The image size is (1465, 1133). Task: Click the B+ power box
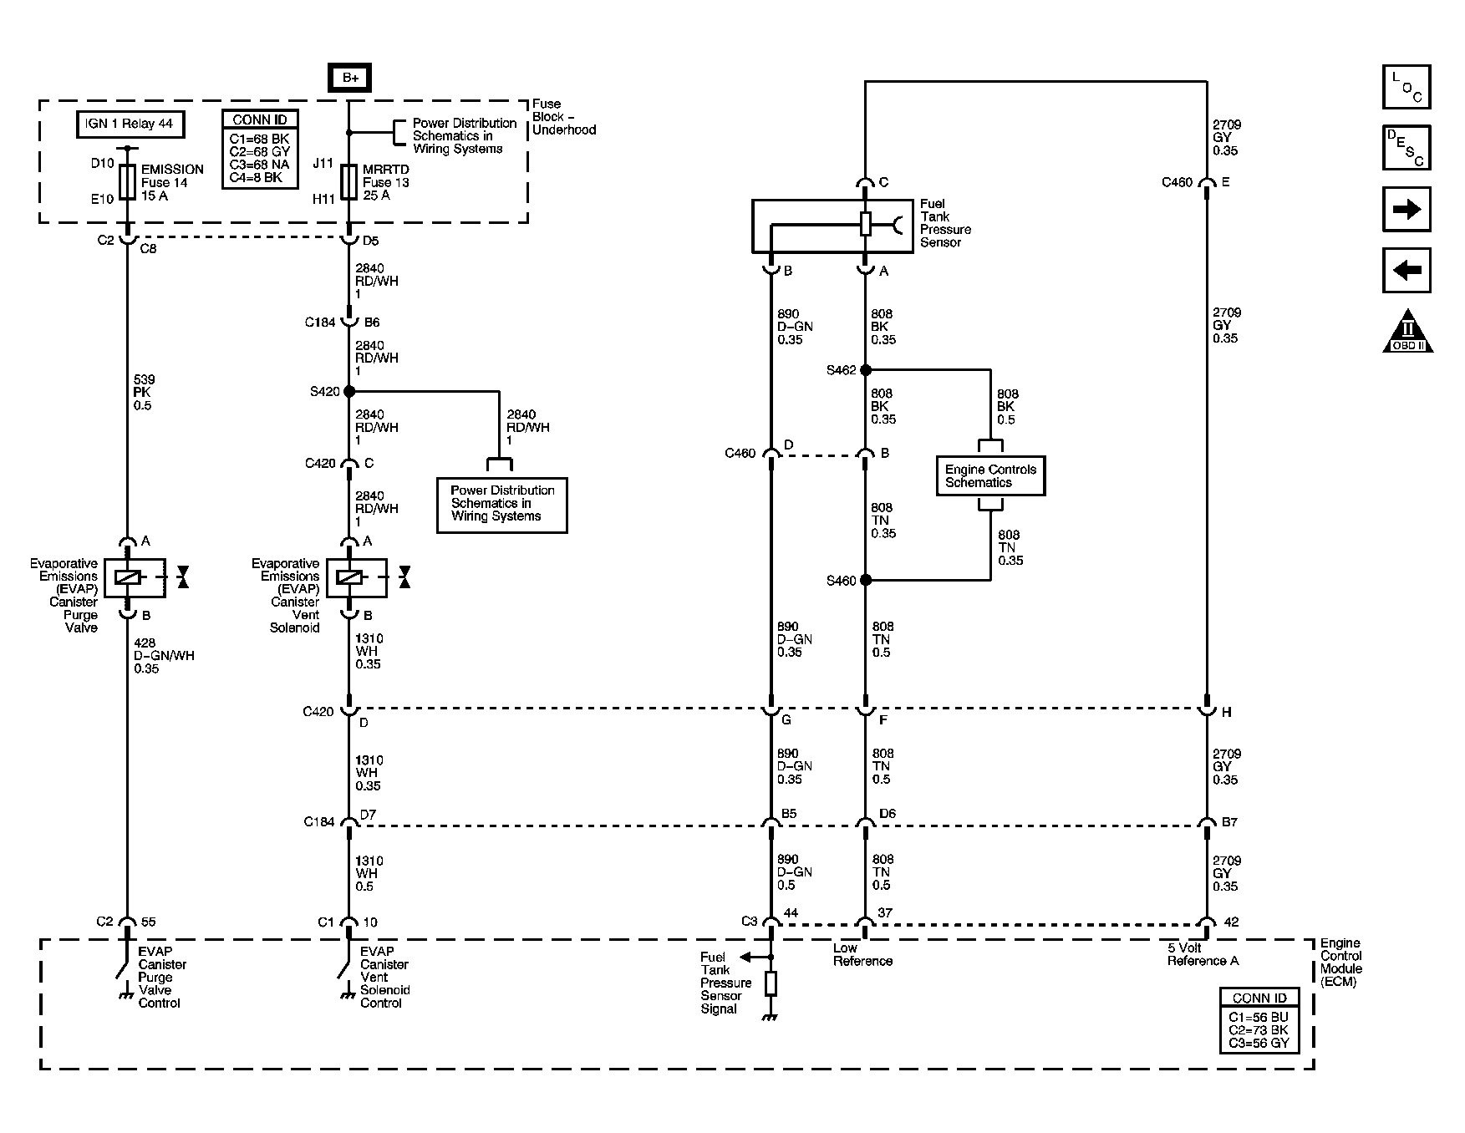[349, 78]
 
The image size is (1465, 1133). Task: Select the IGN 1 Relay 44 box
[130, 124]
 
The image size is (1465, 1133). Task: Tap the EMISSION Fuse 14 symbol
[127, 181]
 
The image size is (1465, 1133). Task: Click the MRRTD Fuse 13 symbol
[349, 181]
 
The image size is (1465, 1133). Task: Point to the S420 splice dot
[349, 391]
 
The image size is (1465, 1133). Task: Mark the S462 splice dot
[865, 370]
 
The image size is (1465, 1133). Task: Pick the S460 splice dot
[865, 580]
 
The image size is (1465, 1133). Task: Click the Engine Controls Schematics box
[990, 476]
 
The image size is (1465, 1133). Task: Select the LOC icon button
[1407, 87]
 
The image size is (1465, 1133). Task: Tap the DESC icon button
[1407, 148]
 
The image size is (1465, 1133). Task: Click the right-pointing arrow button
[1407, 209]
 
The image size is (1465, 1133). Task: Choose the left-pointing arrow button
[1407, 270]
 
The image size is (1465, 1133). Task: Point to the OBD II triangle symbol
[1407, 332]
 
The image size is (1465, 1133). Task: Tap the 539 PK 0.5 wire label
[143, 393]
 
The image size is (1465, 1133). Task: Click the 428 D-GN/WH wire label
[163, 656]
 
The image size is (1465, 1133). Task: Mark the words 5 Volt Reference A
[1203, 955]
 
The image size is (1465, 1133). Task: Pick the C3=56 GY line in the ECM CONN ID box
[1259, 1044]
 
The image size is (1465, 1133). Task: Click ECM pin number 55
[148, 922]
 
